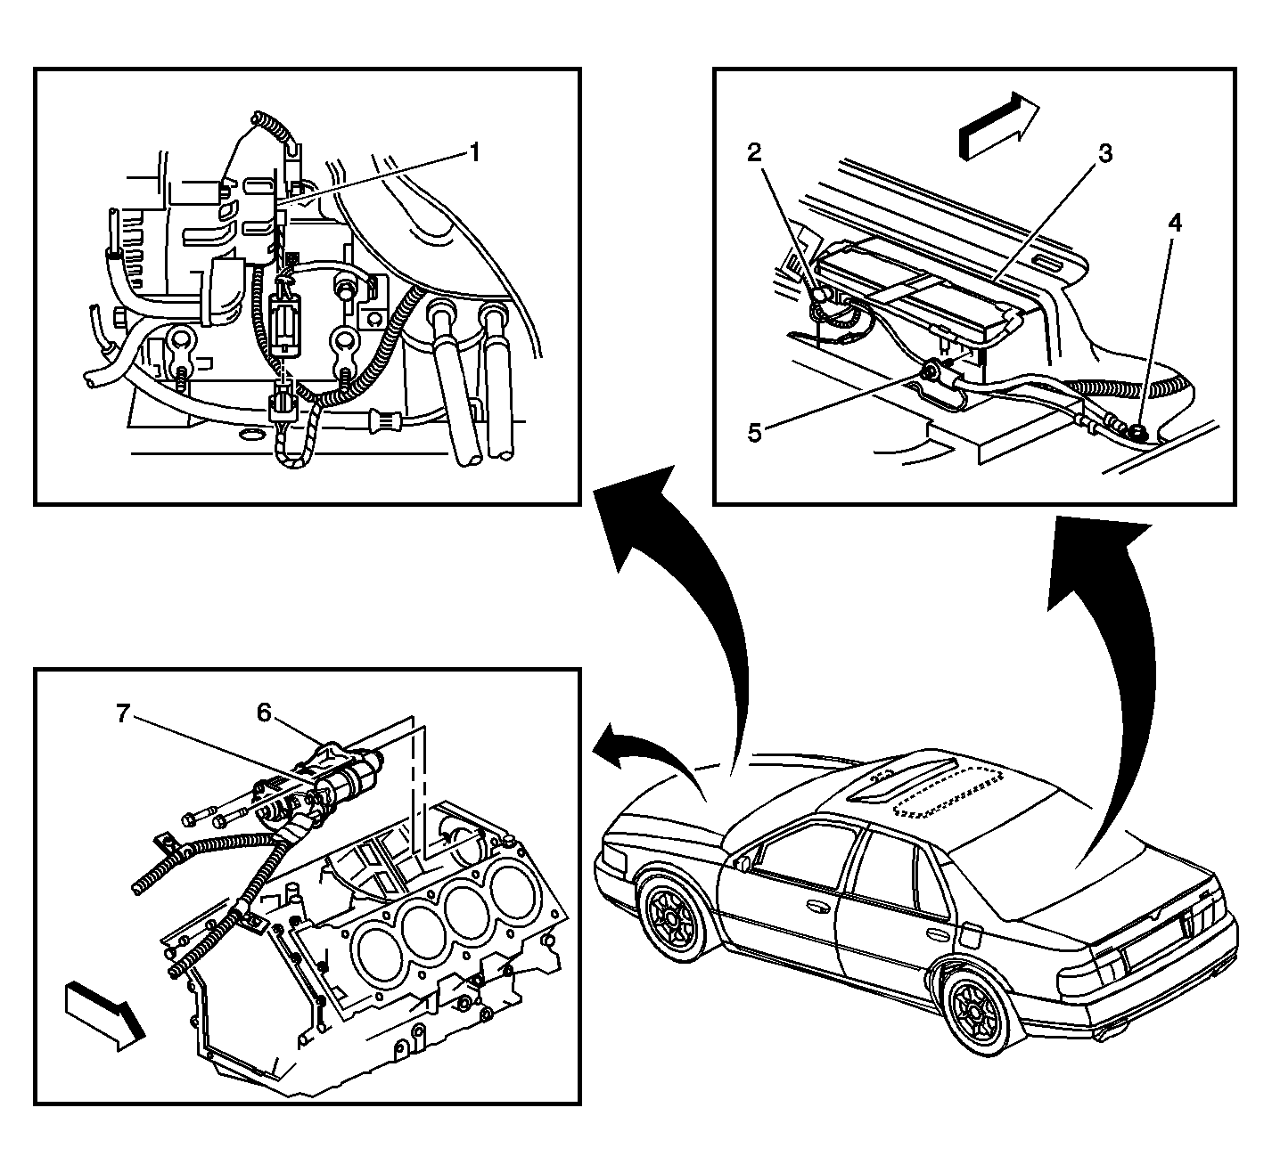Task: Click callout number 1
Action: click(475, 154)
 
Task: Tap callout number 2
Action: click(754, 152)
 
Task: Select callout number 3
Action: click(1104, 153)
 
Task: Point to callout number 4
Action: click(1175, 223)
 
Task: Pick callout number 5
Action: click(754, 434)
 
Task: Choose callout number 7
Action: click(123, 713)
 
